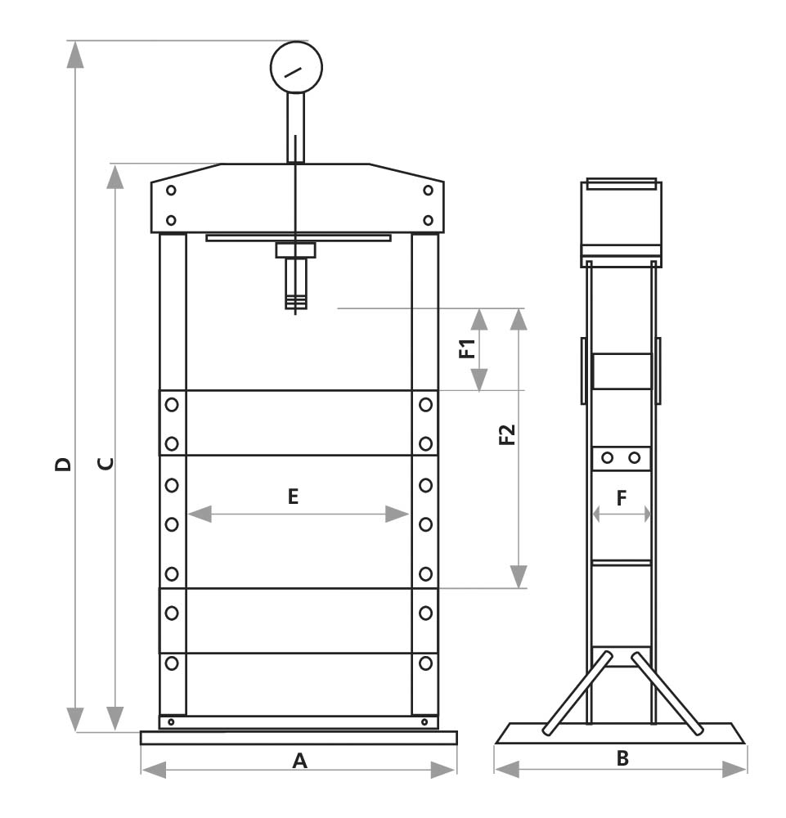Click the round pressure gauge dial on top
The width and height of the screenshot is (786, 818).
click(296, 67)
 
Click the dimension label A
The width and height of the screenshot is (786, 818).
click(299, 762)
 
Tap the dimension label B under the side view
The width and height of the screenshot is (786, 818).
click(622, 758)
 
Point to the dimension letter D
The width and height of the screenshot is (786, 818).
click(63, 465)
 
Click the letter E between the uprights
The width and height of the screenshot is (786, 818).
click(294, 495)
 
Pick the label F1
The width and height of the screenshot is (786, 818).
click(466, 349)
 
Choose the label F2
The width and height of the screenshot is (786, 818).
click(507, 434)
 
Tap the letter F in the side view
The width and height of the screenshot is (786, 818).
click(622, 498)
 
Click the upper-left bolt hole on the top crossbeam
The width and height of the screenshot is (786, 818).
click(171, 191)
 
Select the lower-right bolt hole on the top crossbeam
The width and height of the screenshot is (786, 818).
click(428, 220)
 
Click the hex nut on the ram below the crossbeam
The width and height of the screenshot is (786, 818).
click(295, 249)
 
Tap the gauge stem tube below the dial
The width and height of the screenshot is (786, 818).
click(295, 127)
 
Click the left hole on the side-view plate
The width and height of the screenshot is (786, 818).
click(607, 458)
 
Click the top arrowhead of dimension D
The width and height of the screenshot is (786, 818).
click(75, 52)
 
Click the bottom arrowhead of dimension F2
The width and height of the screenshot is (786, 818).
click(519, 578)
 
